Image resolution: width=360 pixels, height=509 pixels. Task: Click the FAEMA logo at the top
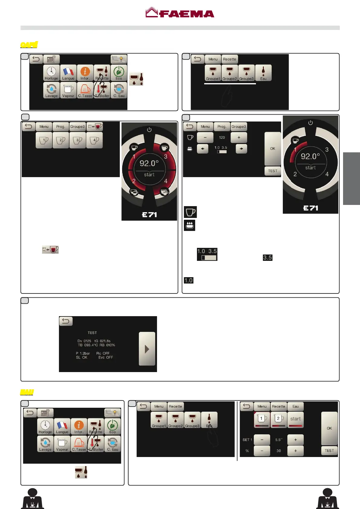180,13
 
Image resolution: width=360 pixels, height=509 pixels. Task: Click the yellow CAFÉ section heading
29,45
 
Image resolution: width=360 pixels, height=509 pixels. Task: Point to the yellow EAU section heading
27,392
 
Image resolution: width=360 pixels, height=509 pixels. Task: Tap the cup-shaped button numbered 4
94,140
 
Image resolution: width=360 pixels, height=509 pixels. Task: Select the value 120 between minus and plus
222,138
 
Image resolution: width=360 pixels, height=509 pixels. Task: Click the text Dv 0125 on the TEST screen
84,341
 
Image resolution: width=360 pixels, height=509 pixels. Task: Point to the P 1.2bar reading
83,353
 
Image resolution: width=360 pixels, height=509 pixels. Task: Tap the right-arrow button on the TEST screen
147,349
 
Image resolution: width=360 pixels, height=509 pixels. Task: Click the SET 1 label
247,440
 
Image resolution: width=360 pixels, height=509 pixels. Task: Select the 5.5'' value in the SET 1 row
279,440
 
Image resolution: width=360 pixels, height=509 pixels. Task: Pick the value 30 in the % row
279,451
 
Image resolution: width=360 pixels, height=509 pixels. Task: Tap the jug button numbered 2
279,419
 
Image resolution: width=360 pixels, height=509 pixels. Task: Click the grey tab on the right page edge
351,179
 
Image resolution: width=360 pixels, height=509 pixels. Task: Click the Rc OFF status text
103,353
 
